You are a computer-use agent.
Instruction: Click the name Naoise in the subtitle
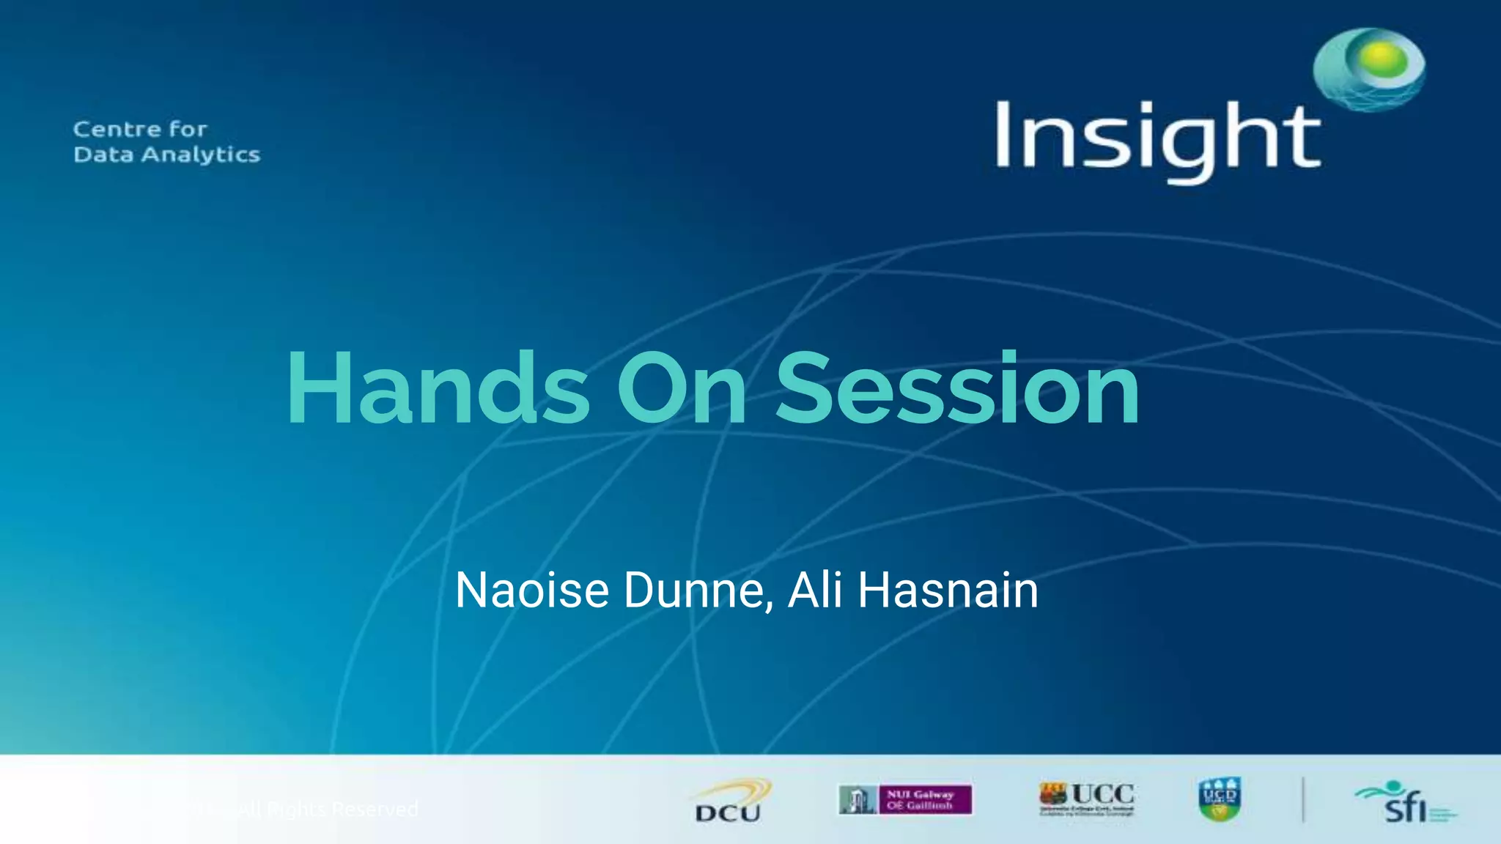point(531,590)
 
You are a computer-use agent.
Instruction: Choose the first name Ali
point(814,590)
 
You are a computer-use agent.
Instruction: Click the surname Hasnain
point(948,590)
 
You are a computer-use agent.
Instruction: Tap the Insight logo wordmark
point(1158,139)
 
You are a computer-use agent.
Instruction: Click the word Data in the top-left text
point(103,155)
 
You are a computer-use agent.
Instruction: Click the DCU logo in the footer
point(730,801)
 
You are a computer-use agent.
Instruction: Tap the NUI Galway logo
point(906,799)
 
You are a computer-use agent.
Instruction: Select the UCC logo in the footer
point(1087,799)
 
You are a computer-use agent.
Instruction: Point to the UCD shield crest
point(1220,799)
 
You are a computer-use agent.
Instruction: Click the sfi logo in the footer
point(1404,802)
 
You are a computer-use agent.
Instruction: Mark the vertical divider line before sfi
point(1303,799)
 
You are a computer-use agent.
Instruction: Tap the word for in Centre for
point(188,130)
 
